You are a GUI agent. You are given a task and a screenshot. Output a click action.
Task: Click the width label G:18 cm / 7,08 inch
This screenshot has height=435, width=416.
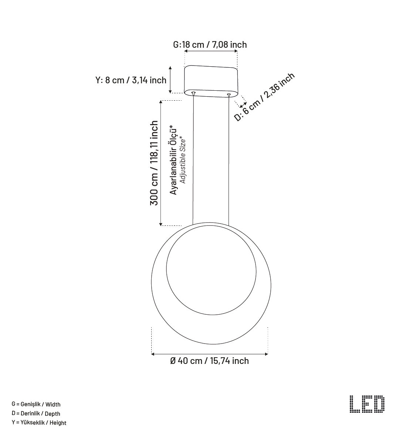coord(210,44)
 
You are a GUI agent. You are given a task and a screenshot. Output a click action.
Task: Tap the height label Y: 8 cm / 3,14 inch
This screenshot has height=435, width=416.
coord(131,80)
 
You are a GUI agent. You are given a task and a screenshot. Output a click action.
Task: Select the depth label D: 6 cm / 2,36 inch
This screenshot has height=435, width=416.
coord(264,97)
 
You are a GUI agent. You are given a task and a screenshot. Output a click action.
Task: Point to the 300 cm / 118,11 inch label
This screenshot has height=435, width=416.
coord(154,163)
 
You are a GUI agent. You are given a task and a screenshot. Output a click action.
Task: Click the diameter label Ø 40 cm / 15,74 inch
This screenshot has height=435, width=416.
coord(209,361)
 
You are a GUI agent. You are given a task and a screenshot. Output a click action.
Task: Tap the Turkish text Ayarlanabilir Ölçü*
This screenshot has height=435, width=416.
coord(173,160)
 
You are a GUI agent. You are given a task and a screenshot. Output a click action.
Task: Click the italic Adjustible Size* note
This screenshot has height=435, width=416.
coord(182,160)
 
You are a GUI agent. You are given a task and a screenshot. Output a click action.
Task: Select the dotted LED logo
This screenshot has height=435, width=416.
coord(367,404)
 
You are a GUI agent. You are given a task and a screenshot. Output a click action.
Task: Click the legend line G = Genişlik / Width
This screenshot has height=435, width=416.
coord(36,404)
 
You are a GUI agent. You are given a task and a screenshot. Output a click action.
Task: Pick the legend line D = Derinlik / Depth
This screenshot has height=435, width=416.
coord(36,414)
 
